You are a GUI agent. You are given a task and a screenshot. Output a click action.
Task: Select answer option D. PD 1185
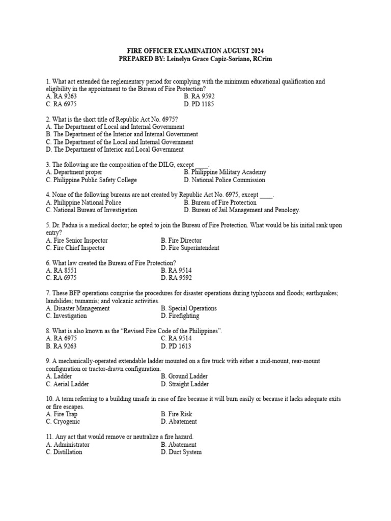(199, 104)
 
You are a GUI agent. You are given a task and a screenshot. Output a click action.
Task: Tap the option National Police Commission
(225, 180)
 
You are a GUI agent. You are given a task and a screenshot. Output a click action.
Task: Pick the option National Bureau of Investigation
(91, 210)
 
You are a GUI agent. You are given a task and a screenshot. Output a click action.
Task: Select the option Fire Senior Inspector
(76, 241)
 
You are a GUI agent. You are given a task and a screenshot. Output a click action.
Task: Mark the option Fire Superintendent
(190, 248)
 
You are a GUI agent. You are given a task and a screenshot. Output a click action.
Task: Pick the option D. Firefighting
(180, 316)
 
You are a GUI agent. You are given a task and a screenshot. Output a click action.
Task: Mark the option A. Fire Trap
(62, 414)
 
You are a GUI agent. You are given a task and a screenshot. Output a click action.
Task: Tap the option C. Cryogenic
(63, 422)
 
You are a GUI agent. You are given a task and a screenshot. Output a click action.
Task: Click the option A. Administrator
(67, 444)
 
